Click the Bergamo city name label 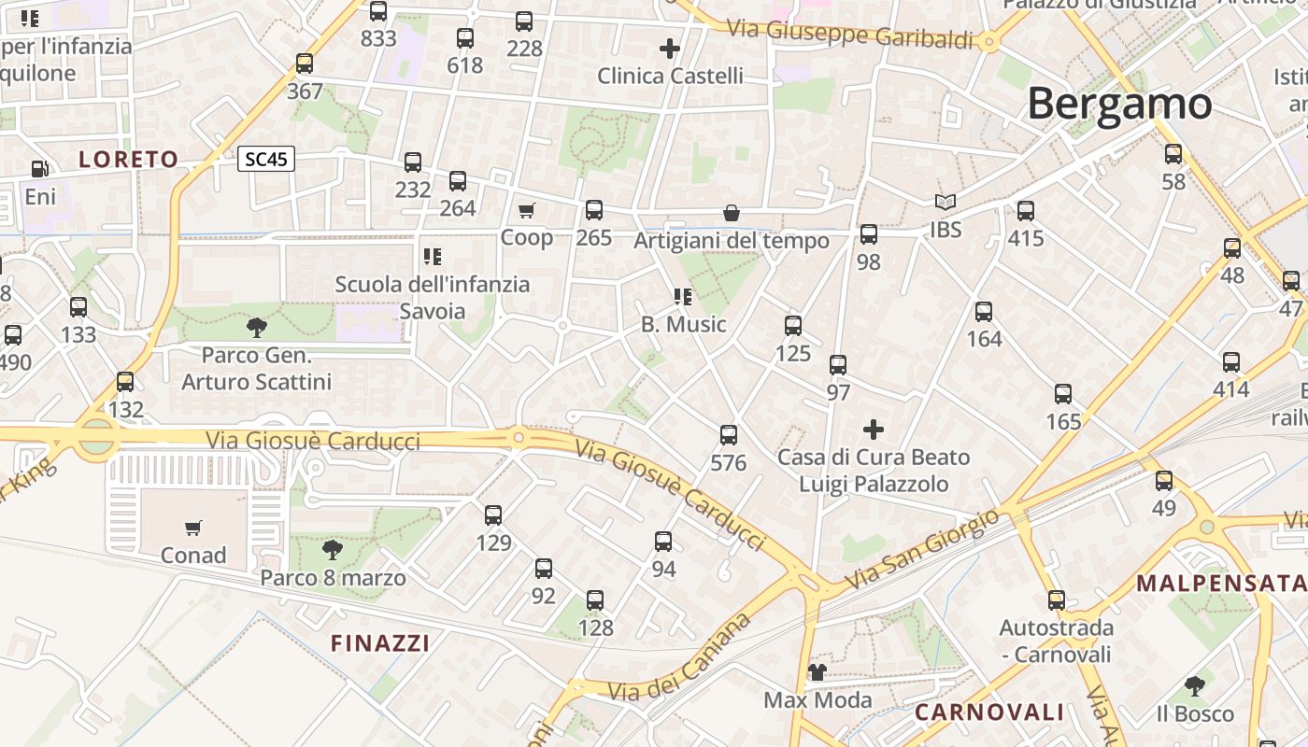tap(1119, 104)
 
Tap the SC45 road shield tap(265, 160)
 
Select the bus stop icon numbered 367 tap(305, 63)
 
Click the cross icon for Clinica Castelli tap(670, 48)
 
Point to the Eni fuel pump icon tap(39, 169)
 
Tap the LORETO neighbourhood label tap(128, 160)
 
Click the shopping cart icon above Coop tap(527, 211)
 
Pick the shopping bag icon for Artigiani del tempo tap(732, 214)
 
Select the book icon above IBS tap(945, 203)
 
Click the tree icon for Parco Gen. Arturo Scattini tap(256, 328)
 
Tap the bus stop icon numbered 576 tap(729, 435)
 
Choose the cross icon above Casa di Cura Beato tap(874, 430)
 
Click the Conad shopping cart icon tap(193, 529)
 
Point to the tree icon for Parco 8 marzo tap(332, 550)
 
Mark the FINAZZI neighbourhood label tap(380, 643)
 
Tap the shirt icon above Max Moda tap(817, 672)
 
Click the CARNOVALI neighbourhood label tap(989, 712)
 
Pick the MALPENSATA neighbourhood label tap(1221, 584)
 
